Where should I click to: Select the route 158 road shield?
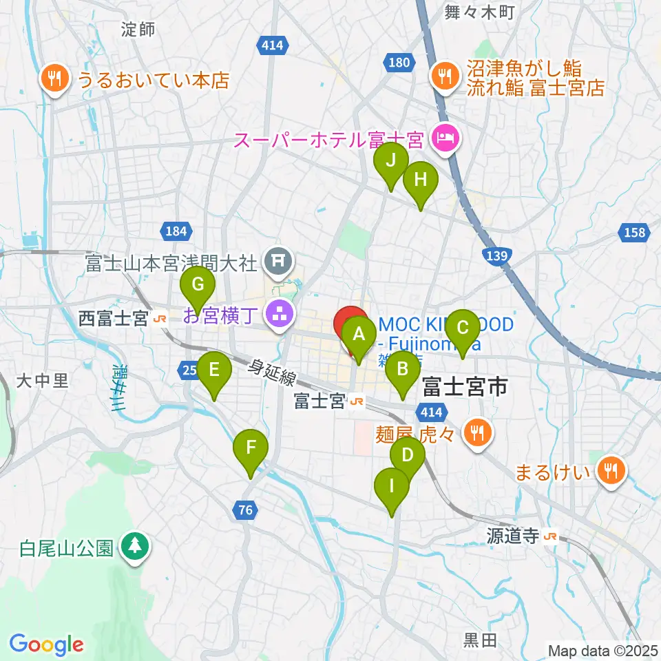[634, 232]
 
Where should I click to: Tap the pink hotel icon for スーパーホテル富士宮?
[445, 139]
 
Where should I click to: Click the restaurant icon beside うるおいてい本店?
[54, 78]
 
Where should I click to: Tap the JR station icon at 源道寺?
[549, 537]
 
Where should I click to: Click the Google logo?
[47, 645]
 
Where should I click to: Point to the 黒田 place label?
[479, 640]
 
